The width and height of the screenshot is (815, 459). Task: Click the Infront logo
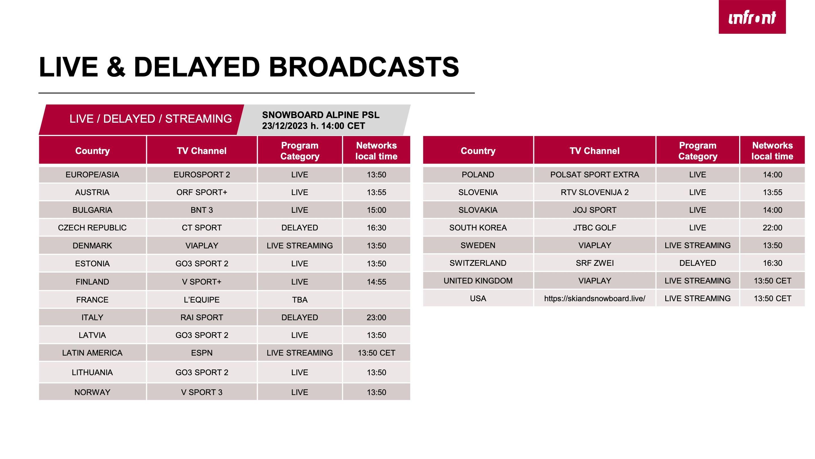click(752, 17)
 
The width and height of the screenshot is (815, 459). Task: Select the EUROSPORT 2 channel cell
click(202, 175)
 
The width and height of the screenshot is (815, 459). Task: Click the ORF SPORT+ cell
click(202, 192)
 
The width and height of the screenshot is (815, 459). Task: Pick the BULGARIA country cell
click(92, 210)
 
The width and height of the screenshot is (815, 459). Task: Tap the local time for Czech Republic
click(376, 228)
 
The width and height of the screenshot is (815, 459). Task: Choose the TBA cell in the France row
click(300, 300)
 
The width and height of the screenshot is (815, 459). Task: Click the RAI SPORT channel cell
click(202, 317)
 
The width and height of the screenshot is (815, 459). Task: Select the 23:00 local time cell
click(376, 317)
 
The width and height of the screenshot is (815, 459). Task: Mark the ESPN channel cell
click(202, 353)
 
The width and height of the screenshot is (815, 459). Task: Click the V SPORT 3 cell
click(202, 392)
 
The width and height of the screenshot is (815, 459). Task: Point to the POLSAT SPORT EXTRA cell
click(595, 175)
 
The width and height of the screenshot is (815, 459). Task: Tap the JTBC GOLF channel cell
click(595, 228)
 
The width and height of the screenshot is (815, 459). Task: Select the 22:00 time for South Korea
click(772, 228)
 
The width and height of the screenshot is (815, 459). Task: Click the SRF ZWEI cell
click(595, 263)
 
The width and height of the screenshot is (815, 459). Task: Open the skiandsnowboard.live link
click(595, 298)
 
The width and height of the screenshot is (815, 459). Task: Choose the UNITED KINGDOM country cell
click(478, 281)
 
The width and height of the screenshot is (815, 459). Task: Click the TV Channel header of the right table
click(595, 151)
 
